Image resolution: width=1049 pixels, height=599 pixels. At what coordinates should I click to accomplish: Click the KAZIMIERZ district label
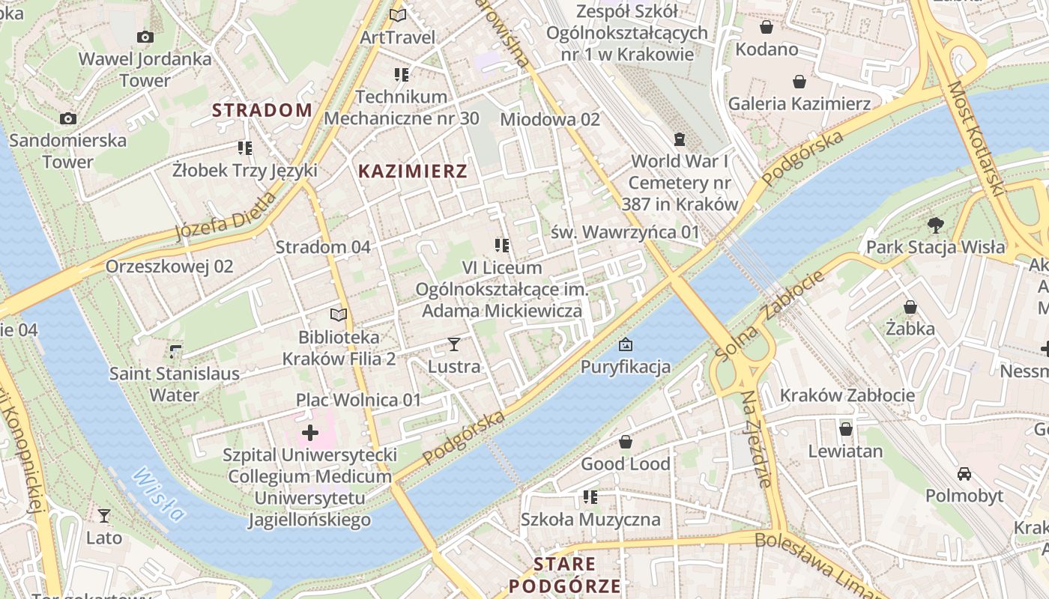tap(413, 171)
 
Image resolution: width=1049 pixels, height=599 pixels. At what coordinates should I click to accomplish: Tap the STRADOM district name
tap(262, 111)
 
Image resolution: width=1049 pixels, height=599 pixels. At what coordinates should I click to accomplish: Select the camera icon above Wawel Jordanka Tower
tap(145, 37)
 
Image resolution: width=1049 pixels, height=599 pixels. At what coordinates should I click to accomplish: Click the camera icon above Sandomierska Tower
tap(68, 118)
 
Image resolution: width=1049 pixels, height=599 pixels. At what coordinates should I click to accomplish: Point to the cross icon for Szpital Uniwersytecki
tap(310, 433)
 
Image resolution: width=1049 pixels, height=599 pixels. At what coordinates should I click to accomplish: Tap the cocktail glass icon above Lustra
tap(453, 344)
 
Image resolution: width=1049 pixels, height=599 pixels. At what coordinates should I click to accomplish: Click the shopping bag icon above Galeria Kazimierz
tap(799, 82)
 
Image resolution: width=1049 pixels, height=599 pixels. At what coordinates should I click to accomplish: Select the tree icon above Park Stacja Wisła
tap(935, 225)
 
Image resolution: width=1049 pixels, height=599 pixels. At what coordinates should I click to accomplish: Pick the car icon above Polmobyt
tap(964, 474)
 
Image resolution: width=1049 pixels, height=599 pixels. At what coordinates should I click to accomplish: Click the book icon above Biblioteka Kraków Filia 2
tap(339, 315)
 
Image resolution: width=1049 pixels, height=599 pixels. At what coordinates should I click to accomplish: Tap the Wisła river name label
tap(159, 495)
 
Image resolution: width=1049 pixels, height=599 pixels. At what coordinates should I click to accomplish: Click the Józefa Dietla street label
tap(225, 216)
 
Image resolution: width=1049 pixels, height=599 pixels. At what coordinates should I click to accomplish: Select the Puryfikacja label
tap(626, 367)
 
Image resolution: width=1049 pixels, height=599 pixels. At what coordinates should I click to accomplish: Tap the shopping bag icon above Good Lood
tap(626, 442)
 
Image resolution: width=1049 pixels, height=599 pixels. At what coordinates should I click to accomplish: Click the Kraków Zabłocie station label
tap(847, 395)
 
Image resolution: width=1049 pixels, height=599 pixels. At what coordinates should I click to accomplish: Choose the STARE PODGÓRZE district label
tap(565, 575)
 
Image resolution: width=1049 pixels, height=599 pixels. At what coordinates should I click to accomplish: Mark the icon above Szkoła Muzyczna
tap(590, 497)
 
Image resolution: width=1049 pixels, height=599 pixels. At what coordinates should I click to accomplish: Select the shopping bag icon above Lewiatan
tap(846, 429)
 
